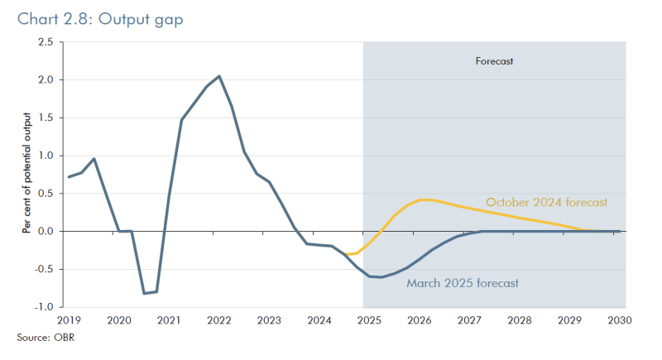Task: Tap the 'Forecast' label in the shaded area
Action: pos(494,61)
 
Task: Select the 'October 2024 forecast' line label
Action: pos(546,202)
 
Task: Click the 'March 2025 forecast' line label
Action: pos(463,283)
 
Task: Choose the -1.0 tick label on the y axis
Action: pos(44,307)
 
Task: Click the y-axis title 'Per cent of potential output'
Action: pos(26,174)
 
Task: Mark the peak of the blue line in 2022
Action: pos(218,76)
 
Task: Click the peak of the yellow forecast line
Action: pos(425,199)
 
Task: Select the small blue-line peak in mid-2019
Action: pos(94,159)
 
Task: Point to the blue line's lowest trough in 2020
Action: pos(144,293)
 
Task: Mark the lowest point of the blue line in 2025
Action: pos(381,277)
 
